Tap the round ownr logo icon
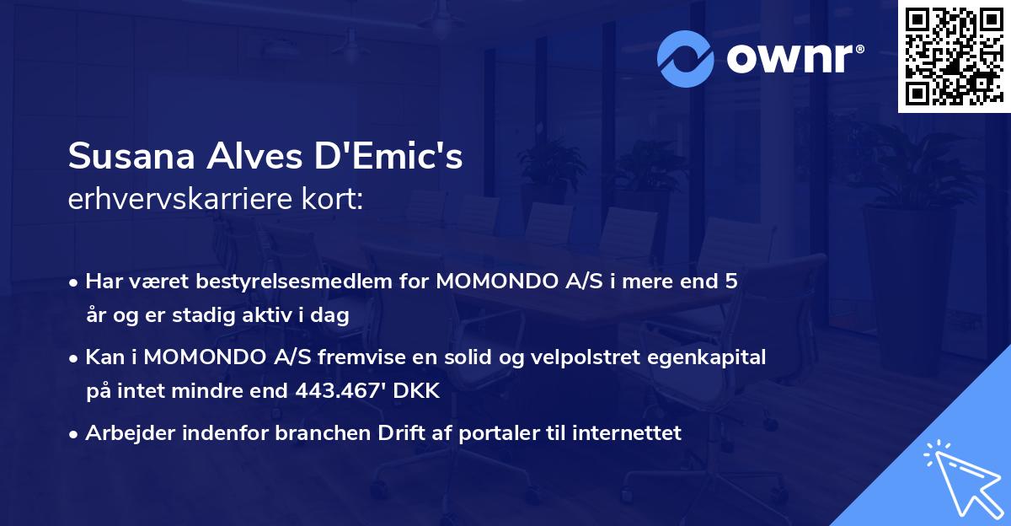685,59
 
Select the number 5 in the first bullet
731,282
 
